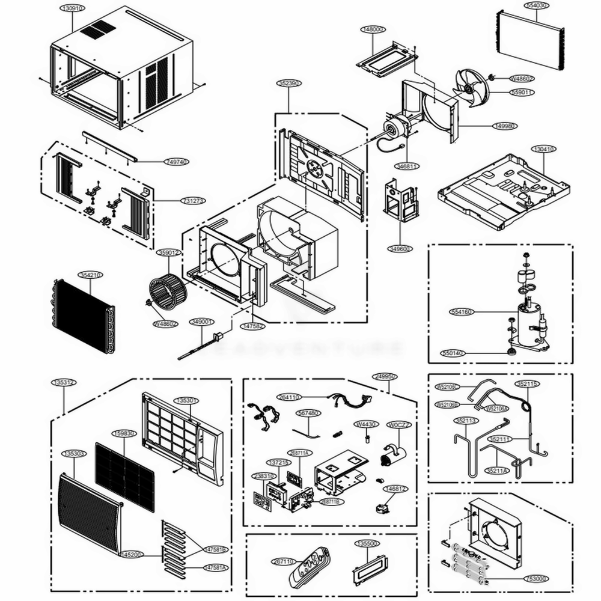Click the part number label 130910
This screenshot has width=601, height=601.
pyautogui.click(x=72, y=9)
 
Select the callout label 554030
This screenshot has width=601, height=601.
pyautogui.click(x=537, y=5)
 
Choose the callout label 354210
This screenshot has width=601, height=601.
pyautogui.click(x=91, y=274)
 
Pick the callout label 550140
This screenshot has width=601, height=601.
pyautogui.click(x=453, y=353)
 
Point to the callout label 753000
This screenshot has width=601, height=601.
pyautogui.click(x=536, y=579)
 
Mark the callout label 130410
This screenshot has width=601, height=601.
pyautogui.click(x=544, y=148)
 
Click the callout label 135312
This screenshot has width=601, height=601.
pyautogui.click(x=64, y=382)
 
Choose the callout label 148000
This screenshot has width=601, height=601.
pyautogui.click(x=372, y=29)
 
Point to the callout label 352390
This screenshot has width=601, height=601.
pyautogui.click(x=289, y=84)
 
